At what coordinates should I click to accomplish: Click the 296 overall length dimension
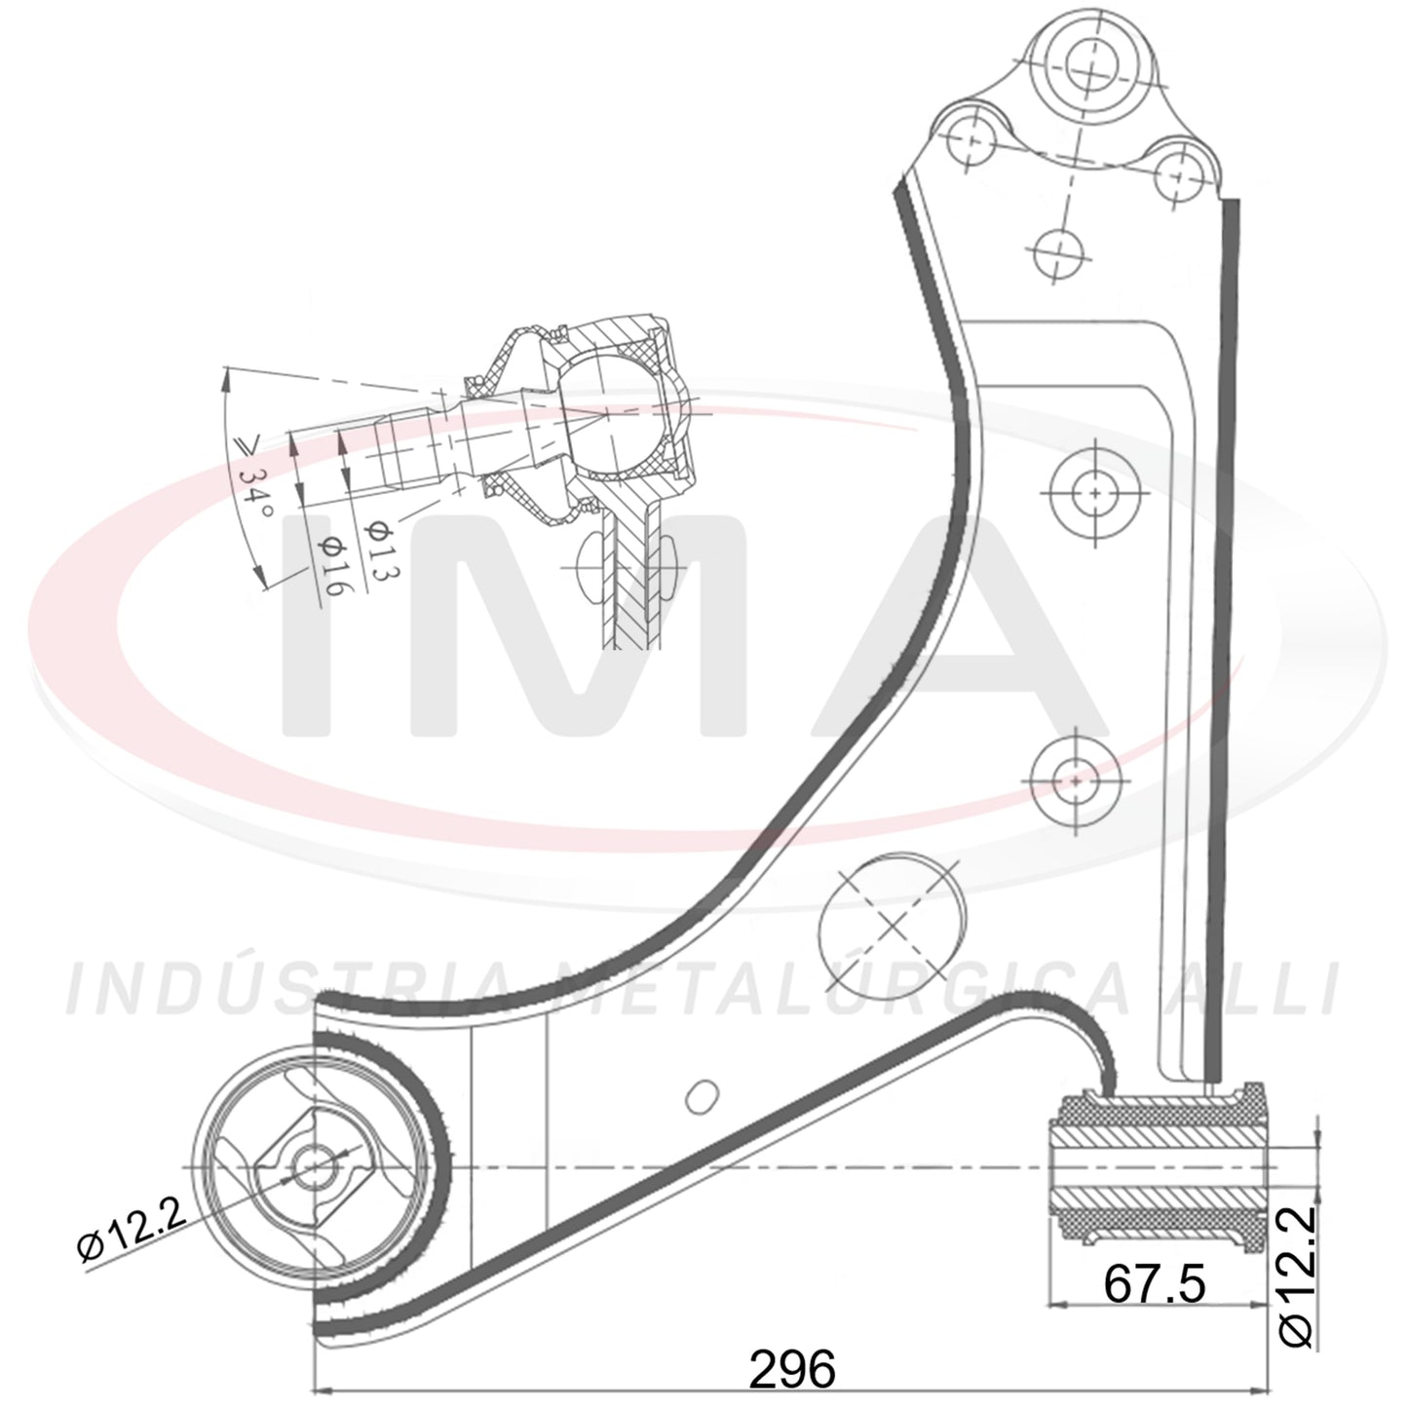click(x=793, y=1369)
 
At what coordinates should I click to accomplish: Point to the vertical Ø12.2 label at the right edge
click(x=1297, y=1287)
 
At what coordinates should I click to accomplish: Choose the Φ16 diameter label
click(x=331, y=565)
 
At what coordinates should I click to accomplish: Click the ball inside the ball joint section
click(x=609, y=416)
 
